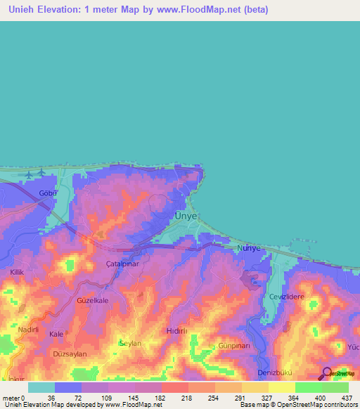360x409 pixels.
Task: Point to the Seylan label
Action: (x=130, y=344)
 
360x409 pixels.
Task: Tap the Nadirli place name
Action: (x=28, y=330)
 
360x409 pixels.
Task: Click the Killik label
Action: (x=18, y=271)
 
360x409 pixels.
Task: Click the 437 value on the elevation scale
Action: (x=347, y=398)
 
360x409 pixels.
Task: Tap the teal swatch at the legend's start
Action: (x=41, y=387)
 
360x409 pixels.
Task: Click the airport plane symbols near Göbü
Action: (x=34, y=173)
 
